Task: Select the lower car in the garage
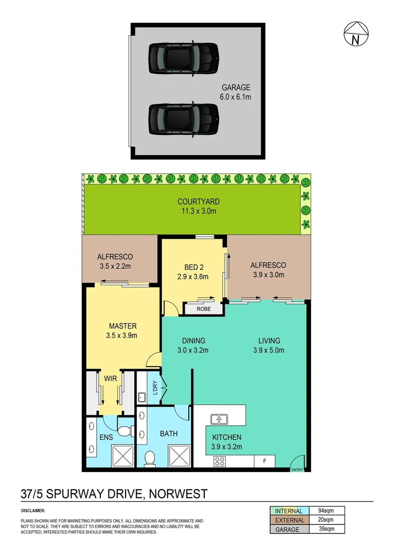coord(184,119)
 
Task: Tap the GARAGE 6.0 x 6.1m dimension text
coord(236,96)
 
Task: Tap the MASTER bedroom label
coord(122,326)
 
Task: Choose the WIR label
coord(111,378)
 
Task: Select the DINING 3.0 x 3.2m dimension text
coord(193,350)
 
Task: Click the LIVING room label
coord(269,340)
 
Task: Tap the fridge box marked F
coord(264,461)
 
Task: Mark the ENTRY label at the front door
coord(297,470)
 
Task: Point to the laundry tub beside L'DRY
coord(142,397)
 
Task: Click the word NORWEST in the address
coord(178,494)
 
